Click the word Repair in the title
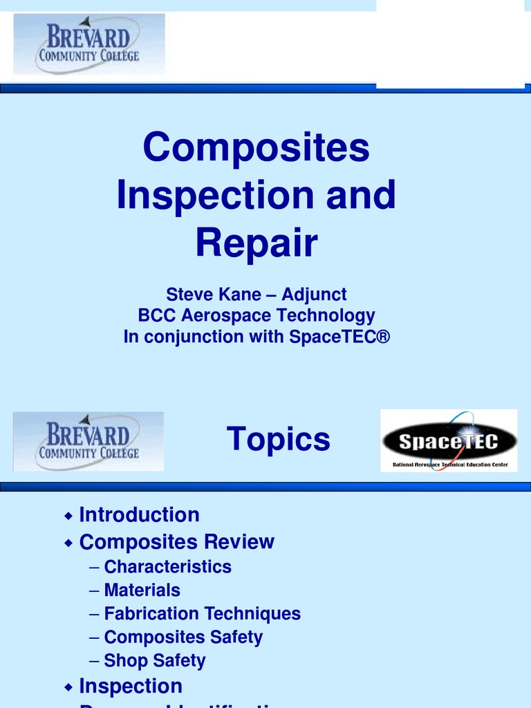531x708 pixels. pyautogui.click(x=256, y=243)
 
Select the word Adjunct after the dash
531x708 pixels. pyautogui.click(x=314, y=295)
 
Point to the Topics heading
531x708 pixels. pyautogui.click(x=278, y=439)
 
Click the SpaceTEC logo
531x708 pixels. pyautogui.click(x=449, y=440)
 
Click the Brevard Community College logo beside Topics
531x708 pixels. pyautogui.click(x=88, y=441)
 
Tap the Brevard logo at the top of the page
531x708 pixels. pyautogui.click(x=89, y=44)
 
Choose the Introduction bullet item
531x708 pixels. pyautogui.click(x=139, y=515)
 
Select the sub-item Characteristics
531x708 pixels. pyautogui.click(x=167, y=567)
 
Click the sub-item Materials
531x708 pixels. pyautogui.click(x=142, y=590)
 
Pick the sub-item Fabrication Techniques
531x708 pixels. pyautogui.click(x=202, y=614)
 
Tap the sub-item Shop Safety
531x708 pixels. pyautogui.click(x=154, y=661)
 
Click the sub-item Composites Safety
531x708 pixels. pyautogui.click(x=183, y=637)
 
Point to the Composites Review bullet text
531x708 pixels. pyautogui.click(x=176, y=542)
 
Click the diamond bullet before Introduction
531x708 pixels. pyautogui.click(x=68, y=516)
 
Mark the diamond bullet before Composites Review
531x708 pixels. pyautogui.click(x=68, y=543)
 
